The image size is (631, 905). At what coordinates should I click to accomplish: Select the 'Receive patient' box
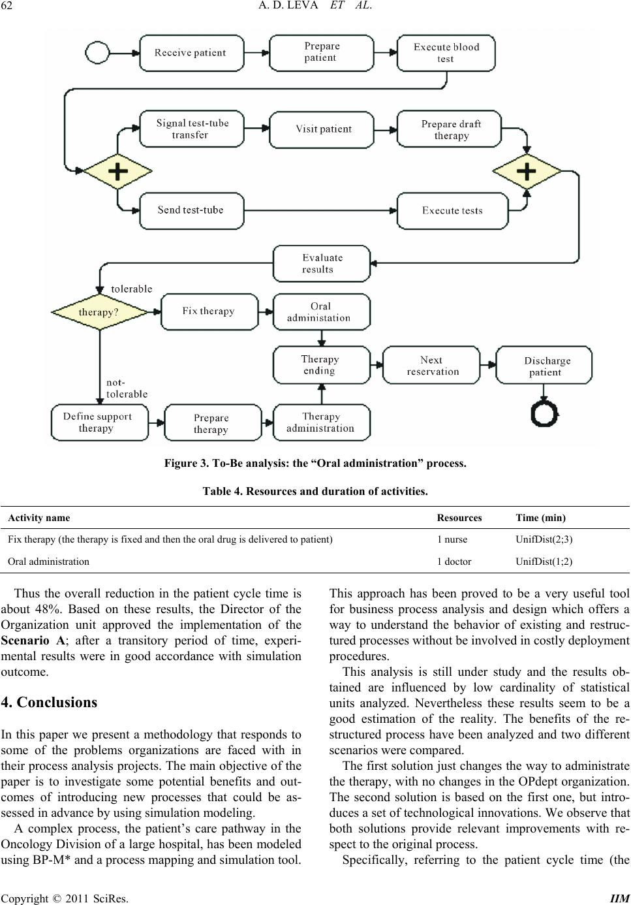192,53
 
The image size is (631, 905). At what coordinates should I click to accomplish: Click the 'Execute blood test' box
446,53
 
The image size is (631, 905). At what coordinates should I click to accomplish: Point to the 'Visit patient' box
322,129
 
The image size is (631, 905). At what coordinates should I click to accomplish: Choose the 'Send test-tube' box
192,210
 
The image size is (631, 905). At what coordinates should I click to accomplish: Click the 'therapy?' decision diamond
100,312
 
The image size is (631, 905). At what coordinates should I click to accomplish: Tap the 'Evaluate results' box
322,263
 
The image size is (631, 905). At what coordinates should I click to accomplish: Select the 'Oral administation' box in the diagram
322,312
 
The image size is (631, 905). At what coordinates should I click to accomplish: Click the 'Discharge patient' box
544,365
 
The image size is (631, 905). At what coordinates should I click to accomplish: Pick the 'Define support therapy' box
100,422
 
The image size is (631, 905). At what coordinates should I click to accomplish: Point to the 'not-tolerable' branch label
127,389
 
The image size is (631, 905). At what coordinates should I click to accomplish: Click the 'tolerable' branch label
132,289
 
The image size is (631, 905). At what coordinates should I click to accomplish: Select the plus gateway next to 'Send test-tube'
117,171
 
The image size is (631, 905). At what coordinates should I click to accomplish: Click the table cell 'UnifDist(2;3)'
544,539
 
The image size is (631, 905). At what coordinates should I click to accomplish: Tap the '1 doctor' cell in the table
454,562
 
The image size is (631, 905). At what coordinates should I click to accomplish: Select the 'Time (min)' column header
540,518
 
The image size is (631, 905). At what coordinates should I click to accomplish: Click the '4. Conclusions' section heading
49,703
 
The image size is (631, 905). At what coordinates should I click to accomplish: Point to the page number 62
7,6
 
